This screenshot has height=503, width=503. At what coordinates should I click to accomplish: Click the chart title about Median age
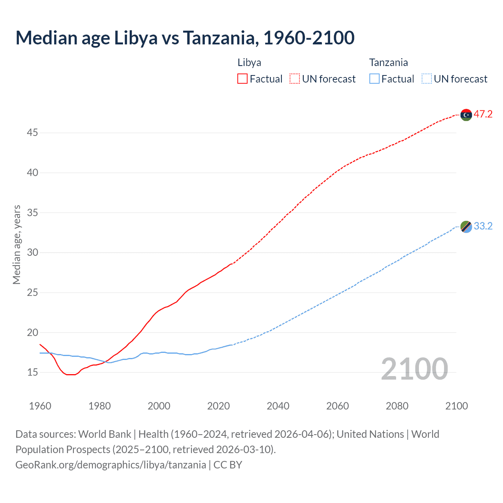pos(185,38)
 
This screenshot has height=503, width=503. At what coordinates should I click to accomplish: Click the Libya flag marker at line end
pos(466,115)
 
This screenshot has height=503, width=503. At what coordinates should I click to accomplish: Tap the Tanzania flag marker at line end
pos(466,226)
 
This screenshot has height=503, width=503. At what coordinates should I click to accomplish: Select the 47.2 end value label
pos(483,114)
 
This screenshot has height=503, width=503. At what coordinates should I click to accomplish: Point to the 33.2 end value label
pos(483,226)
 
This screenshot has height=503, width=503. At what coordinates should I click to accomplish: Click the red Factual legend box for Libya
pos(242,79)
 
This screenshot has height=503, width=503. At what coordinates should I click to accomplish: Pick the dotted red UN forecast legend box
pos(295,79)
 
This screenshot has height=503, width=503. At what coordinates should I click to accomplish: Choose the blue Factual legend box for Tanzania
pos(374,79)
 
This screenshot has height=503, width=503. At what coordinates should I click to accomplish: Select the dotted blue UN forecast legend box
pos(427,79)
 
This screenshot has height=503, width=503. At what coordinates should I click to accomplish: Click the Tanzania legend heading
pos(388,62)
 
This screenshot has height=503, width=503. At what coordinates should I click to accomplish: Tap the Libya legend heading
pos(249,62)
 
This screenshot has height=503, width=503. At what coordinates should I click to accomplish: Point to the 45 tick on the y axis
pos(32,133)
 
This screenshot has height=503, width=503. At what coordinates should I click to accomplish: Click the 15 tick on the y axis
pos(32,372)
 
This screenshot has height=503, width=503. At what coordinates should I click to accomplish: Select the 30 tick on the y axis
pos(32,252)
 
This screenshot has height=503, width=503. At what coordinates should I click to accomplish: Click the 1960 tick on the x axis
pos(40,406)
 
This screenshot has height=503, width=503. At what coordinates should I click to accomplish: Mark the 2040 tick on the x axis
pos(278,406)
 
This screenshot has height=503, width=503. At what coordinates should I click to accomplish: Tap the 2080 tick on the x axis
pos(397,406)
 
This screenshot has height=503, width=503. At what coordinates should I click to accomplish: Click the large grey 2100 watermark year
pos(414,369)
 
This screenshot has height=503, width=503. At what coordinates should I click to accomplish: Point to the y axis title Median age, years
pos(17,244)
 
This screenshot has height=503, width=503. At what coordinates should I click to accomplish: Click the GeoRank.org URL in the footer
pos(111,465)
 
